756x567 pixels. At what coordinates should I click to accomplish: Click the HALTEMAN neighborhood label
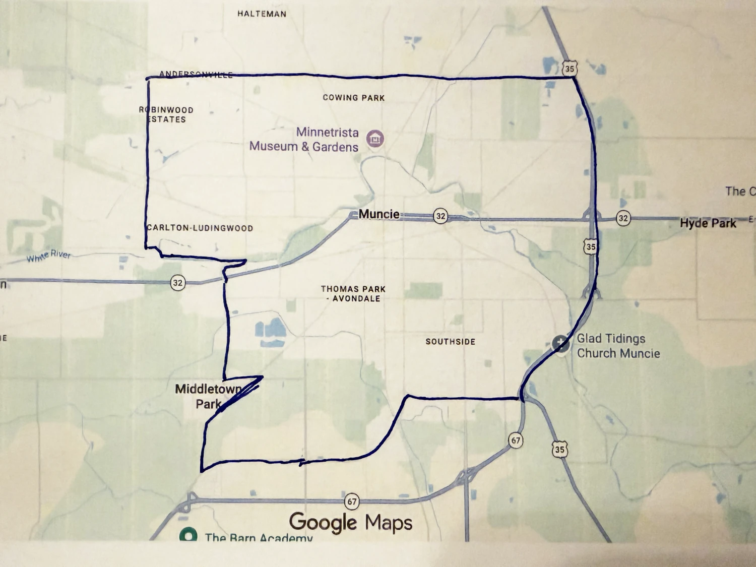point(262,14)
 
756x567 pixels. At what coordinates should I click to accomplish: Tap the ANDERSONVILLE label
point(196,75)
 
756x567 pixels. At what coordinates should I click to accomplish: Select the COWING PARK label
point(353,98)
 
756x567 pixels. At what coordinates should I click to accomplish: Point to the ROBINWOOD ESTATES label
point(166,114)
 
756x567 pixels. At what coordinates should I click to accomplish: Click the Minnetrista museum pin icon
point(375,138)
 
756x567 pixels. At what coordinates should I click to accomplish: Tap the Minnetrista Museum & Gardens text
point(304,140)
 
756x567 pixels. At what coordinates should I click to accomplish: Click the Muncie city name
point(379,214)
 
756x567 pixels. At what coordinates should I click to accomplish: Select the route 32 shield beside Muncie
point(440,216)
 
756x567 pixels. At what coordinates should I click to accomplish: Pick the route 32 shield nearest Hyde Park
point(623,218)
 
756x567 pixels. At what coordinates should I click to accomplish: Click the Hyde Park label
point(708,223)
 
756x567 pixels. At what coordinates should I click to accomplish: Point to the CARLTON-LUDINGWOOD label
point(200,228)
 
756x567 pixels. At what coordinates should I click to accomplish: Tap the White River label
point(49,256)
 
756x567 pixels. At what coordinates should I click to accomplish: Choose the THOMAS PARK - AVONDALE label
point(353,294)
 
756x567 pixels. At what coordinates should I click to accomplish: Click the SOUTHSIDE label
point(450,342)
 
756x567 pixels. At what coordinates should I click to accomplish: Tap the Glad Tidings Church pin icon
point(560,344)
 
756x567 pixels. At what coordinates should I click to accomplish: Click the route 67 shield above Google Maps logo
point(352,501)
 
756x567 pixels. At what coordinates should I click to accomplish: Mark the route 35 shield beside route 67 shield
point(559,449)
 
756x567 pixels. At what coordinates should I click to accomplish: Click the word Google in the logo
point(323,523)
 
